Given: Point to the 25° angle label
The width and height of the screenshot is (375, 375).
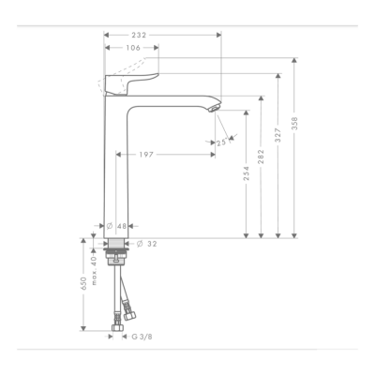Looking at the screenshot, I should pos(221,143).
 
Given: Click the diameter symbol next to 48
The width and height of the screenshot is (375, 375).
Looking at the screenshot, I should pos(109,226).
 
